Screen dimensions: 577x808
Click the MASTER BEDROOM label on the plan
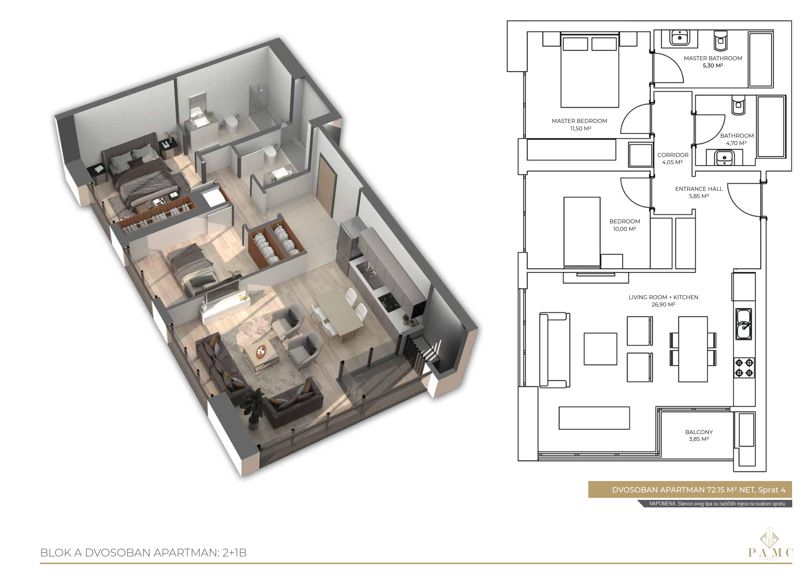579,121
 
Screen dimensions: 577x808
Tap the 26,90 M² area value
663,304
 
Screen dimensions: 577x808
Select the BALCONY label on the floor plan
699,432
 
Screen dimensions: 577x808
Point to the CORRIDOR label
673,155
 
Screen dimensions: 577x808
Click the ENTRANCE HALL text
699,189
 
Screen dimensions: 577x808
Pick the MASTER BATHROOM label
713,58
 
